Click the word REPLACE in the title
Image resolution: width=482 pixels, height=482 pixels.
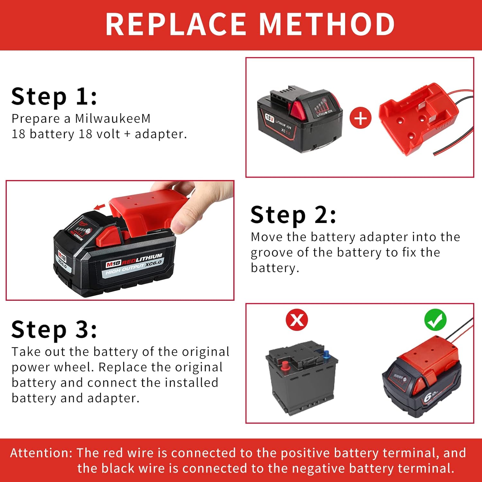175,24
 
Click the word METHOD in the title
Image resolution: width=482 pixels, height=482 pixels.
327,24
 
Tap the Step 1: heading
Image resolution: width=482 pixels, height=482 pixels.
54,97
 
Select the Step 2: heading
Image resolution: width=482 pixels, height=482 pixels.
293,215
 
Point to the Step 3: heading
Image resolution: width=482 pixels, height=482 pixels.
54,330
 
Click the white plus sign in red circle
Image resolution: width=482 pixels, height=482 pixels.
360,118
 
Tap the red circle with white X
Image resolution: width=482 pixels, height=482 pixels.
297,320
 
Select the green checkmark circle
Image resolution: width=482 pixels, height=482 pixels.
435,320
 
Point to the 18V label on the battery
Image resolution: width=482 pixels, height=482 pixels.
269,117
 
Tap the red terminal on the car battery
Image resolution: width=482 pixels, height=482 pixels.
285,365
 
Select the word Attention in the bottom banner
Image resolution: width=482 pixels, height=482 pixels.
41,453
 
